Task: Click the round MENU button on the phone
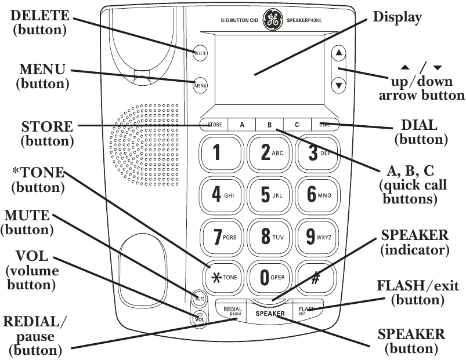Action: tap(200, 86)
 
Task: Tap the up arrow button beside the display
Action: tap(339, 53)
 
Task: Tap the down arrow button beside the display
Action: tap(339, 85)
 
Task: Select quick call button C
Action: tap(296, 125)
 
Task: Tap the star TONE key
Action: tap(221, 278)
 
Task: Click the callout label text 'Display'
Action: tap(397, 17)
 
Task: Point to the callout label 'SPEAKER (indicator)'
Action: tap(414, 243)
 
